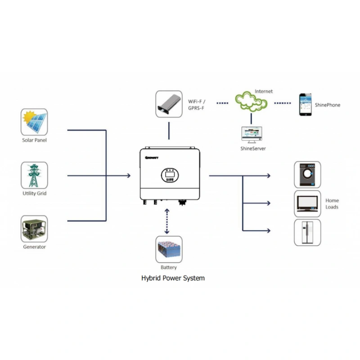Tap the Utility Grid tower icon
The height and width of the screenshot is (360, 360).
(x=34, y=175)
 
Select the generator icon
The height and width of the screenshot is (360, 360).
(x=34, y=229)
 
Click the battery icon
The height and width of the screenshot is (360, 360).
(x=169, y=249)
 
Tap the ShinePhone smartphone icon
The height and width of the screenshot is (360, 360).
(x=306, y=104)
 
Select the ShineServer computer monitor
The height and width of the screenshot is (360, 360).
(x=251, y=133)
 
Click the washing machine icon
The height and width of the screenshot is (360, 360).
(x=307, y=174)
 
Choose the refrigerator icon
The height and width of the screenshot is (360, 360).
(x=307, y=232)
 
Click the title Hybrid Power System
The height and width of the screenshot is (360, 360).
(x=173, y=278)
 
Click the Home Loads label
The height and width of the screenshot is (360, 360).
(x=332, y=204)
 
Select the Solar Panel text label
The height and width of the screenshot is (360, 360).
(x=34, y=140)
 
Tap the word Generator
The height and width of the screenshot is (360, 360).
(x=34, y=247)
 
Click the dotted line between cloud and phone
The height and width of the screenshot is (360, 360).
(x=283, y=103)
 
